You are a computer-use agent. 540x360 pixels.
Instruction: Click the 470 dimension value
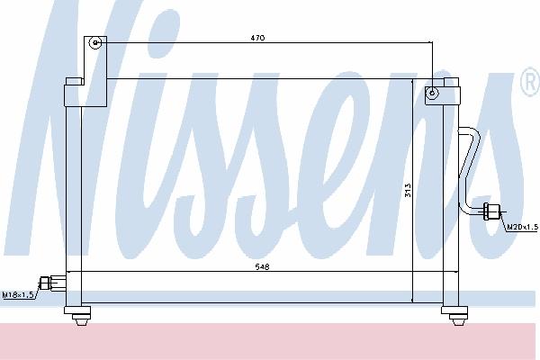[257, 38]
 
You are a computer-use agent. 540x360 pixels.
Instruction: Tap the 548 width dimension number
[263, 266]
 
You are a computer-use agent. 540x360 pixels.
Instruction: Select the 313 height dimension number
[408, 190]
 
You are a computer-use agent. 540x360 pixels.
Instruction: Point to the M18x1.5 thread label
[18, 295]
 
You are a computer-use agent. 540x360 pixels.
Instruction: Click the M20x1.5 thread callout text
[523, 227]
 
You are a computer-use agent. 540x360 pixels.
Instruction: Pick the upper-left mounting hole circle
[95, 43]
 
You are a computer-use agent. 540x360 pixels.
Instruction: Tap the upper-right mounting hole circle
[432, 93]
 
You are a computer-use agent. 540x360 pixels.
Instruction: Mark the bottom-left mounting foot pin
[80, 321]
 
